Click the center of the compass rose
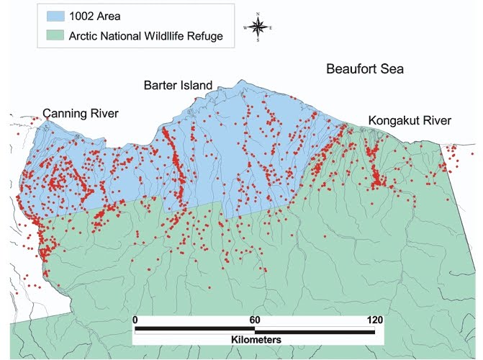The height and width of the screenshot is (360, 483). [257, 27]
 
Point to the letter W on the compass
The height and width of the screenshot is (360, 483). [245, 27]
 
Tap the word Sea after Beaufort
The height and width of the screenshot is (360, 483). [394, 70]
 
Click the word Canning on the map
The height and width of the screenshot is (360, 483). [65, 114]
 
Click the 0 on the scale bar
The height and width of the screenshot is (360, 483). [135, 320]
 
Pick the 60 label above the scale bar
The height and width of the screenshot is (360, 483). [255, 320]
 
